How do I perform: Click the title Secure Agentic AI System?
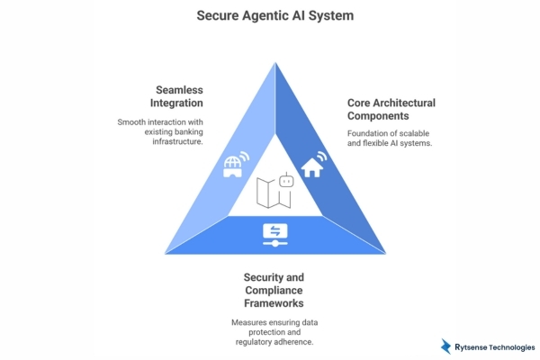click(269, 15)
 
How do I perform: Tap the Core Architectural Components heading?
click(391, 110)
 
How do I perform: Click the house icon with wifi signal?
click(313, 165)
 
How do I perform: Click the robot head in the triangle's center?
click(287, 180)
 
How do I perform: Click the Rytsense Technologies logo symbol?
click(446, 346)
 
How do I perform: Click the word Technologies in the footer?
click(514, 346)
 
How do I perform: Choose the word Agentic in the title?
click(268, 15)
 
